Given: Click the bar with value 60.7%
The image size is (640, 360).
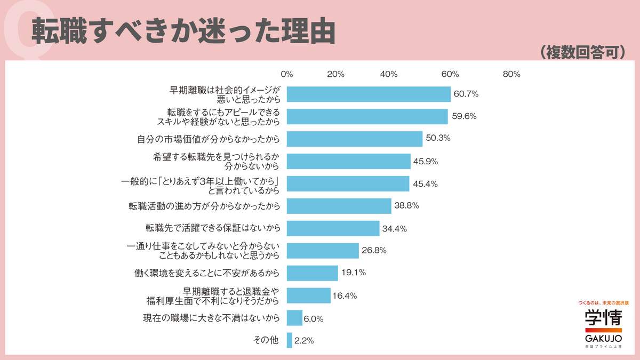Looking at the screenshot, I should [369, 94].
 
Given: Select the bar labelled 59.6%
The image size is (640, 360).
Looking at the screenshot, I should [367, 116].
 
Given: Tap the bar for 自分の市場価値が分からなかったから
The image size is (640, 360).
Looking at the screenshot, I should [354, 139].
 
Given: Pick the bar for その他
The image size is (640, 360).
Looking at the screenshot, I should [290, 340].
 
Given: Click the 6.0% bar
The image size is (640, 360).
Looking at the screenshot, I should [294, 318].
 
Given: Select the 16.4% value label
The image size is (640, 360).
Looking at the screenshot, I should [345, 295].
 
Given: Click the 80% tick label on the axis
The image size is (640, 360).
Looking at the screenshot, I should [511, 74].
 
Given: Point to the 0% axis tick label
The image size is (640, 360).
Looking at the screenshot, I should [287, 74].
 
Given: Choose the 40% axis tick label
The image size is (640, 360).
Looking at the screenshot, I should [389, 74].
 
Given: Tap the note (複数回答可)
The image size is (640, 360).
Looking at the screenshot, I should [582, 52].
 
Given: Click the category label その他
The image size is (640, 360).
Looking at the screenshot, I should [267, 340].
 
